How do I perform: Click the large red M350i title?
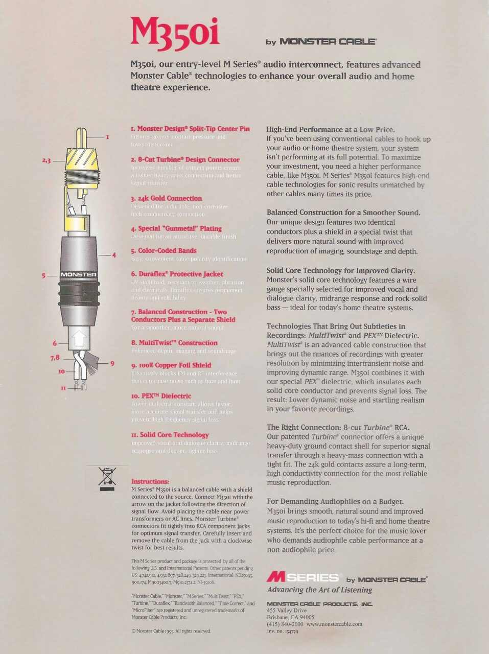tap(175, 32)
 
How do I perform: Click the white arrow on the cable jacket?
tap(79, 338)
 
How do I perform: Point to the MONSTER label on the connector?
tap(79, 275)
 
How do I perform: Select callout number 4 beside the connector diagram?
tap(114, 254)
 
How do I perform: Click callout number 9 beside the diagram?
tap(112, 364)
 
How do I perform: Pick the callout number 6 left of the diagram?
tap(55, 344)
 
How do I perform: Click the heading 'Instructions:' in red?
tap(150, 481)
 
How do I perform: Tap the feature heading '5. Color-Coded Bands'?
tap(164, 251)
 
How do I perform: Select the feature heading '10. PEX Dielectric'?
tap(161, 396)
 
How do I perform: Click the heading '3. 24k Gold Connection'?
tap(166, 198)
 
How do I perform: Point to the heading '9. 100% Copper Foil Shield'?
tap(171, 365)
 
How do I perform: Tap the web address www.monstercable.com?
tap(334, 624)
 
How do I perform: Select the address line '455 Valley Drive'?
tap(287, 611)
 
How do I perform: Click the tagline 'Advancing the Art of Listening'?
tap(319, 590)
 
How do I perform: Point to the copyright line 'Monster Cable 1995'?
tap(171, 631)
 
